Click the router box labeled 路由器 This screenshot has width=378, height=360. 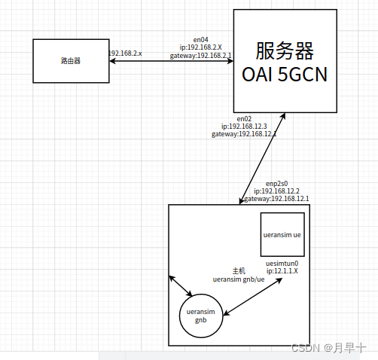pos(71,59)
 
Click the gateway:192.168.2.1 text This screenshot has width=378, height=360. pos(200,55)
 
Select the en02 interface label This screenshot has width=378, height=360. pos(244,118)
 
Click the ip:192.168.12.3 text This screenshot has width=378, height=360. pos(244,126)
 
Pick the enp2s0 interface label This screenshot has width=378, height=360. pos(277,183)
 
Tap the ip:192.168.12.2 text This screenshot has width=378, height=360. pos(277,191)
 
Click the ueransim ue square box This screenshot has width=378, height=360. pos(282,234)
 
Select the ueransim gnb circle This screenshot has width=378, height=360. pos(201,316)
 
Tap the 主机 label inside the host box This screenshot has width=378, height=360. pos(239,270)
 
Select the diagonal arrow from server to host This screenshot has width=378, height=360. pos(261,159)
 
